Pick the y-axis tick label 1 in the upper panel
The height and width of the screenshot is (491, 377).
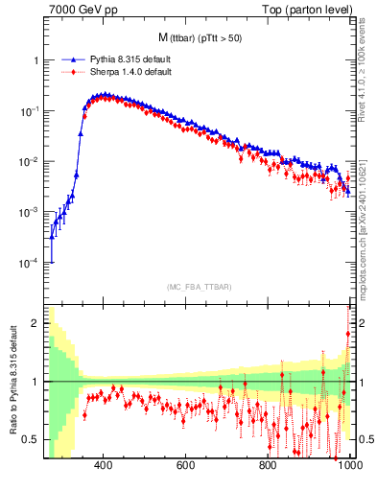35,60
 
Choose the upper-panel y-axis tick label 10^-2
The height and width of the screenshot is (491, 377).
31,162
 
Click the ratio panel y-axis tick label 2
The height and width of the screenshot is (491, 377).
35,324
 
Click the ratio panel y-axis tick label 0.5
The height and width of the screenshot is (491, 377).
32,439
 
